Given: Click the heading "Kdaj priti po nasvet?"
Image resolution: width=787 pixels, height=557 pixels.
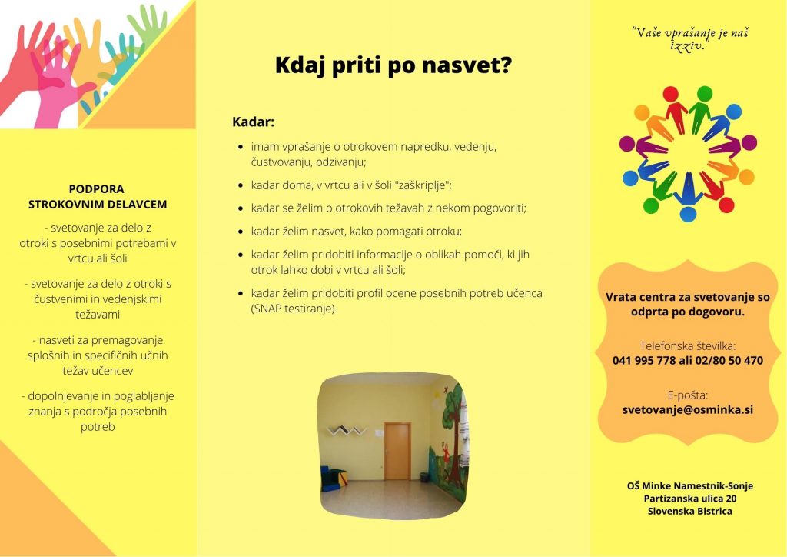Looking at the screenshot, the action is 393,65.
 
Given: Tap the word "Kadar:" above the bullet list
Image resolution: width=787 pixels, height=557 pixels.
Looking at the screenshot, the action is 253,122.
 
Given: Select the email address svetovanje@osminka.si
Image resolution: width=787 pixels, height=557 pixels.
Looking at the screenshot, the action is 687,409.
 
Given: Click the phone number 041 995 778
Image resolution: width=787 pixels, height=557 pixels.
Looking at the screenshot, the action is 644,360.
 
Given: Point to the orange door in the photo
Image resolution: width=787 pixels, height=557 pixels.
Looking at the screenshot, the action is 397,451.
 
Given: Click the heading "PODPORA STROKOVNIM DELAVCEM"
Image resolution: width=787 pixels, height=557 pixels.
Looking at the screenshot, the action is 98,196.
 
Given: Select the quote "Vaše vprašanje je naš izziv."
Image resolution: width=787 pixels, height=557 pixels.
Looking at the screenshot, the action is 689,38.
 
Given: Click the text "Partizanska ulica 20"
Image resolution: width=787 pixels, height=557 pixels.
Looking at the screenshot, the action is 690,499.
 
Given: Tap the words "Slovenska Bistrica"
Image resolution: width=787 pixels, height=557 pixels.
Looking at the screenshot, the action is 689,511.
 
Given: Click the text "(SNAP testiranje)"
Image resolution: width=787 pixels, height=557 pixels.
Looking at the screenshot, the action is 294,309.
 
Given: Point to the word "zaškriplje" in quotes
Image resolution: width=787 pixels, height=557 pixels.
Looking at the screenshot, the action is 422,185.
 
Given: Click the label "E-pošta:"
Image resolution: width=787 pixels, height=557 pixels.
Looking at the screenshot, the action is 688,395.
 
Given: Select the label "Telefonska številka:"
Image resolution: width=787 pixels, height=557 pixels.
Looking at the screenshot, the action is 688,345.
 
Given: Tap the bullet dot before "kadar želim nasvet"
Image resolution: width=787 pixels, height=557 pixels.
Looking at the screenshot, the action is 241,232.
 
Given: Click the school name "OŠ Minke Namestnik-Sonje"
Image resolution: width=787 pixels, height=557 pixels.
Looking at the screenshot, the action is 690,485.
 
